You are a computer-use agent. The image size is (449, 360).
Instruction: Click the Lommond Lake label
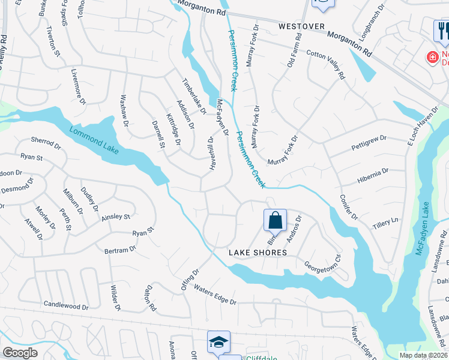point(94,140)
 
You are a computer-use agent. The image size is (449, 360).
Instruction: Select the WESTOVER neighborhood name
point(301,27)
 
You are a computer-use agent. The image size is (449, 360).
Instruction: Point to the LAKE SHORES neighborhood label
point(258,253)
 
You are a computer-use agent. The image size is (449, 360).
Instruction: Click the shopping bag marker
point(275,220)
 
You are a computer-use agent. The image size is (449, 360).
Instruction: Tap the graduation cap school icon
point(218,342)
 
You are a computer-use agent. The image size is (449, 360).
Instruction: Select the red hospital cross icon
point(432,58)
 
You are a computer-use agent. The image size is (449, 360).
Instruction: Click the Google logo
point(19,353)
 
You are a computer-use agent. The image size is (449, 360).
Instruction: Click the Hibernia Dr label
point(372,173)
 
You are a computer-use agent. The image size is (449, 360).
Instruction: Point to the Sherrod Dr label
point(46,145)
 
